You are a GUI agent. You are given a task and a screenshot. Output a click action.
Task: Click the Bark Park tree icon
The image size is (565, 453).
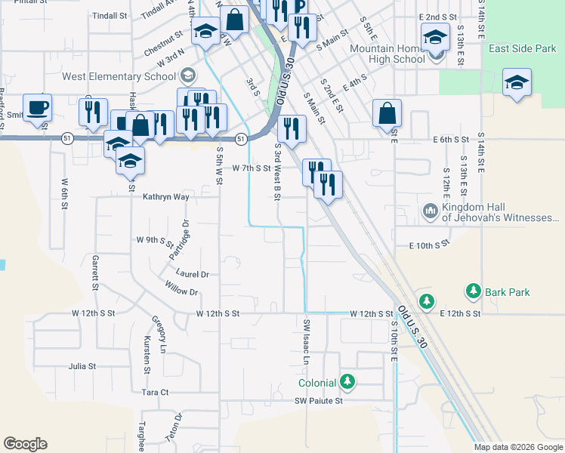click(x=474, y=291)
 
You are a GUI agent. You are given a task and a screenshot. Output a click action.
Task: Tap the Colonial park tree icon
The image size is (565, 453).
click(x=347, y=381)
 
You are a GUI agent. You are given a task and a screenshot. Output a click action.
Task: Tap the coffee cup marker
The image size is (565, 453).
click(x=37, y=107)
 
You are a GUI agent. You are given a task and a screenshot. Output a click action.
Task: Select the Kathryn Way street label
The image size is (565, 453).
click(x=165, y=196)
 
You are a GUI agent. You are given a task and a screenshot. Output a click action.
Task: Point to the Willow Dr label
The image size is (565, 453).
click(x=181, y=288)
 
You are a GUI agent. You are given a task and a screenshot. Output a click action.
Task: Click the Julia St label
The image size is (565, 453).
click(x=82, y=366)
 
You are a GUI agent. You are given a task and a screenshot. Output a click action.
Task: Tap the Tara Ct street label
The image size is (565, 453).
click(x=155, y=393)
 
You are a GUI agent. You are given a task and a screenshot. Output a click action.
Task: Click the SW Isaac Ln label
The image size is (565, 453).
click(x=307, y=341)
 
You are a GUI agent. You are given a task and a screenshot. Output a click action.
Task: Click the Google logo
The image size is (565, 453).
click(x=25, y=444)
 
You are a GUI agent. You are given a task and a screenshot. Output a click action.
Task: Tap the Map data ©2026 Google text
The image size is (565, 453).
click(x=518, y=447)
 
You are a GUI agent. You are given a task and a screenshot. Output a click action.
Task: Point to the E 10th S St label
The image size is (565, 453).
click(x=429, y=245)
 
